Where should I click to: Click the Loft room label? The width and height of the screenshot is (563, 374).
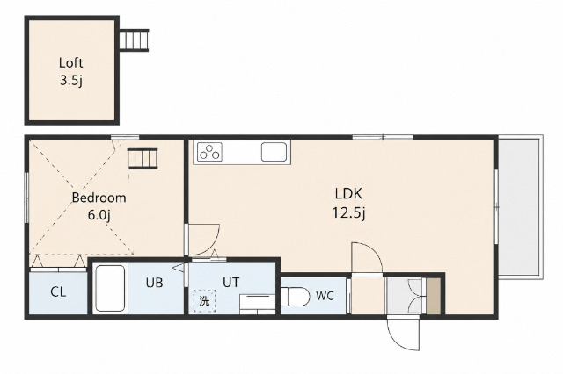70,63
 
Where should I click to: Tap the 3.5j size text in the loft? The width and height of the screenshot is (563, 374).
71,81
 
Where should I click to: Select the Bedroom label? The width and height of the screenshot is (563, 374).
99,198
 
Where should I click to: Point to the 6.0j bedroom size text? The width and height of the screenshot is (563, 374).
99,215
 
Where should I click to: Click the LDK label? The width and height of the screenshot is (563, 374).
348,194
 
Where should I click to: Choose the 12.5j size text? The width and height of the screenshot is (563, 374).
348,213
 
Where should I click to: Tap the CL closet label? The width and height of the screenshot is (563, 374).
58,292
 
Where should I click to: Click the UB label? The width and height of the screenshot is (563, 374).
155,283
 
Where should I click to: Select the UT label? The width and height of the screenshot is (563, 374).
230,283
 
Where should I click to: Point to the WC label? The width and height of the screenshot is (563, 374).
325,296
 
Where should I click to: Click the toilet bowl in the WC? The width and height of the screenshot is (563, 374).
296,297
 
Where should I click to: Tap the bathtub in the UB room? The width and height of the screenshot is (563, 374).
111,288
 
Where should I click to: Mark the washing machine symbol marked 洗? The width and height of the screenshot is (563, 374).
204,300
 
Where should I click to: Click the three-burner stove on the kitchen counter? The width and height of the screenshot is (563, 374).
209,152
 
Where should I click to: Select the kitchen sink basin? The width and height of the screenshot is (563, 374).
274,152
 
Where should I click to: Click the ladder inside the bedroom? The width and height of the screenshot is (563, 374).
143,158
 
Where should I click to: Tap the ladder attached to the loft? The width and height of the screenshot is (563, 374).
134,40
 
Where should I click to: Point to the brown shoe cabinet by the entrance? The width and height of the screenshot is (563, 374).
433,296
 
